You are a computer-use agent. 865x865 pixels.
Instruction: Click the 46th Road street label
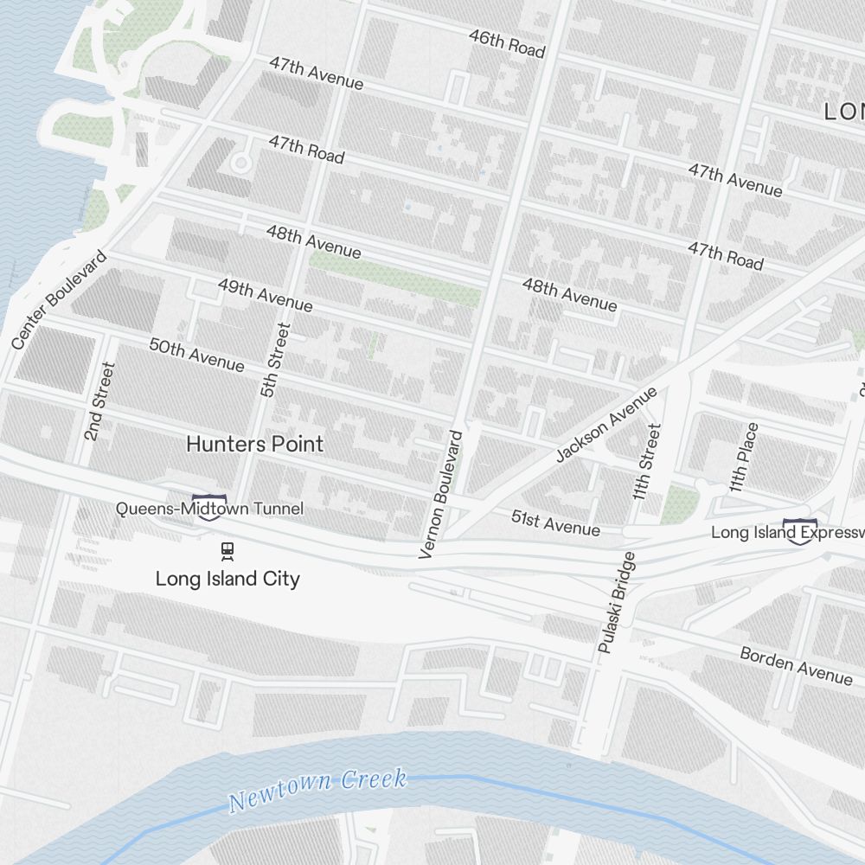[507, 42]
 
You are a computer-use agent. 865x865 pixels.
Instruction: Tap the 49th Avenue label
[265, 294]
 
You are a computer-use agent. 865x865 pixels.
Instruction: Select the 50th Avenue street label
[196, 355]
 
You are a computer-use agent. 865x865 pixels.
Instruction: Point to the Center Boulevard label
[60, 300]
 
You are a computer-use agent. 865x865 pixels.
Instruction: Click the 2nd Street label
[99, 401]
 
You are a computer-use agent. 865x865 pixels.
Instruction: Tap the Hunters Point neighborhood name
[255, 445]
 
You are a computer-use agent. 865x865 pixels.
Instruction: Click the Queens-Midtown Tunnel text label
[209, 509]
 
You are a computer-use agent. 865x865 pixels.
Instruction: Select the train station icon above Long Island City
[227, 550]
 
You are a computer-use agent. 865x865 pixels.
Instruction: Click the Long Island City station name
[227, 579]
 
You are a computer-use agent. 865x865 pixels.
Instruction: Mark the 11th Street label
[646, 462]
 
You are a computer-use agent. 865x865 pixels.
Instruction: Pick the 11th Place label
[744, 458]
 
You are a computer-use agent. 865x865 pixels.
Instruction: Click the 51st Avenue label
[555, 522]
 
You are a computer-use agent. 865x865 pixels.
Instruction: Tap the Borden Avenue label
[796, 665]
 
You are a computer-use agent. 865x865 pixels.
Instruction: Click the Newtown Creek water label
[317, 789]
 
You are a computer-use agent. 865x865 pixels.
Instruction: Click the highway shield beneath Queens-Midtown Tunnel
[210, 509]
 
